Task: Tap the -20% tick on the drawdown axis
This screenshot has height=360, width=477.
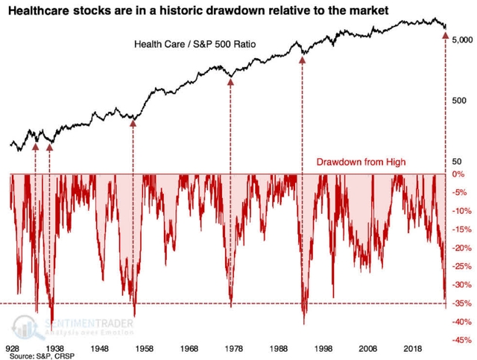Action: (x=460, y=247)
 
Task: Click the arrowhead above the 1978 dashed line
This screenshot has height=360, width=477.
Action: (x=230, y=83)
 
